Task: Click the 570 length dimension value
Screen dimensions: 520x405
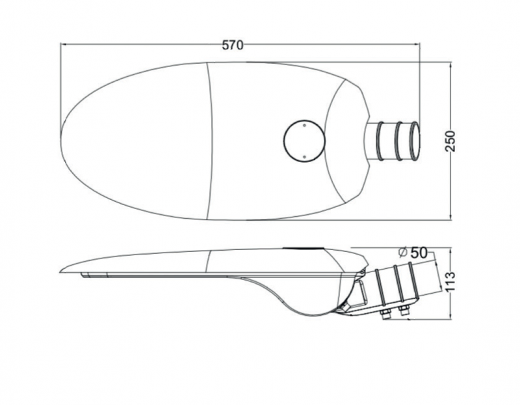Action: click(x=233, y=45)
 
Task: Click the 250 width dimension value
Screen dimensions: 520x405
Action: click(x=450, y=141)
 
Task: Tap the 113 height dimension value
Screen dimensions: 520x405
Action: click(x=450, y=282)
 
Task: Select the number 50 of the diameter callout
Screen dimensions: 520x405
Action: click(x=419, y=253)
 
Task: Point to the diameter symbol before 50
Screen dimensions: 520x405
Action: click(x=403, y=253)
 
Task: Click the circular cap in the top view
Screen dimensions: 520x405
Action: click(x=304, y=141)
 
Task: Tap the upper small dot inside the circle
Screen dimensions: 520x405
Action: click(x=304, y=125)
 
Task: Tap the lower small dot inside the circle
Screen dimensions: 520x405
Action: click(x=304, y=156)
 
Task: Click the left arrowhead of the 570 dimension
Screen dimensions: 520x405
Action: click(x=64, y=44)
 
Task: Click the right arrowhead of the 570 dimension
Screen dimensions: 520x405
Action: click(x=416, y=44)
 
